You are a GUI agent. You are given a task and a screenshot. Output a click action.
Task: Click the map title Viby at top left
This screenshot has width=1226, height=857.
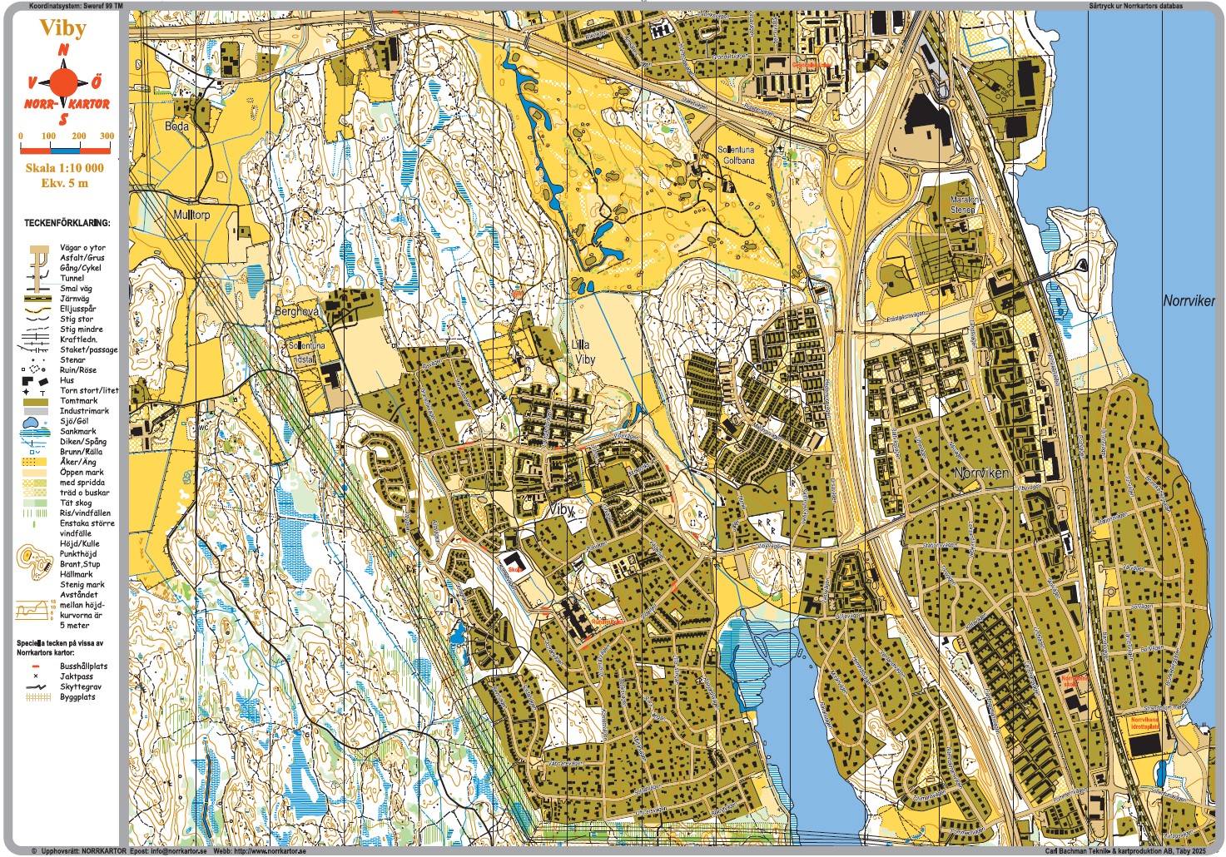[x=63, y=28]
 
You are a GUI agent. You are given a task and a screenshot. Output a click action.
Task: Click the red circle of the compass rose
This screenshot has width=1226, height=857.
[x=63, y=82]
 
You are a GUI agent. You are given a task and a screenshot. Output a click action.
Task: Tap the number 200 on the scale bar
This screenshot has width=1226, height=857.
[x=78, y=136]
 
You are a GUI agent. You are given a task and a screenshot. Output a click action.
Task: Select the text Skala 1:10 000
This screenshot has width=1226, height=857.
[x=64, y=168]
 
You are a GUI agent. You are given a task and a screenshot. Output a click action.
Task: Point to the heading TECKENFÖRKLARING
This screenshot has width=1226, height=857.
[x=67, y=223]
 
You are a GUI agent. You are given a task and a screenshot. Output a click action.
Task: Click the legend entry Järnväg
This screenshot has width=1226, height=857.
[x=74, y=299]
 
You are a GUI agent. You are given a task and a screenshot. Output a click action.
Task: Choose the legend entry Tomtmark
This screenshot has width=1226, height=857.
[x=78, y=401]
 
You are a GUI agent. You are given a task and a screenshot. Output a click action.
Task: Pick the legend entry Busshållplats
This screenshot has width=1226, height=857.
[x=83, y=666]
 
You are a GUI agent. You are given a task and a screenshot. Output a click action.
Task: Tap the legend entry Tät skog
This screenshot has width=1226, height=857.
[x=76, y=503]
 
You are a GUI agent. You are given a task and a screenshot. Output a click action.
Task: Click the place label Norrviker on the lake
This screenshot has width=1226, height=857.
[x=1189, y=301]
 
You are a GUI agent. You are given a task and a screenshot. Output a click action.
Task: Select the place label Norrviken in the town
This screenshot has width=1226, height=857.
[x=981, y=473]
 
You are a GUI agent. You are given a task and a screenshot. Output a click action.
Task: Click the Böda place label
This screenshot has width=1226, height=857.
[x=176, y=126]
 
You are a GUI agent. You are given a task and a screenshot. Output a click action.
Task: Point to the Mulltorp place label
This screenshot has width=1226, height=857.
[x=191, y=215]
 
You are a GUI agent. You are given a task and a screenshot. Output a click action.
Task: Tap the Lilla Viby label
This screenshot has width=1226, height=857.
[x=582, y=352]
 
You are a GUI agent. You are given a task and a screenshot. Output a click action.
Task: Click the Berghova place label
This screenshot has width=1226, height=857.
[x=296, y=310]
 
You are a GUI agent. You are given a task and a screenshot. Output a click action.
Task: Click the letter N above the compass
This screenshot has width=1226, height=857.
[x=63, y=51]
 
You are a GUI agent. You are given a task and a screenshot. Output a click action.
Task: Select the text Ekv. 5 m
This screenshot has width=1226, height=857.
[x=64, y=183]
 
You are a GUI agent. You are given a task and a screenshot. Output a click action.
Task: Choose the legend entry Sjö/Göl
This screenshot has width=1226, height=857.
[x=73, y=422]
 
